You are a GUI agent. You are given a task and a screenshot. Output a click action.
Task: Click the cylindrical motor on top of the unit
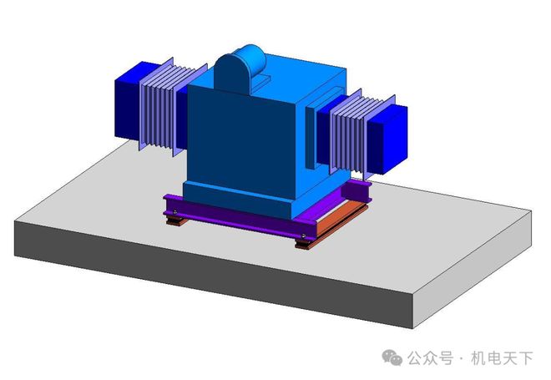tap(240, 66)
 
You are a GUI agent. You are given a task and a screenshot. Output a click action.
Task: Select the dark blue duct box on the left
tap(126, 101)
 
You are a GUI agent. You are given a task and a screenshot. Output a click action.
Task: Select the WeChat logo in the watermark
tap(393, 357)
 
